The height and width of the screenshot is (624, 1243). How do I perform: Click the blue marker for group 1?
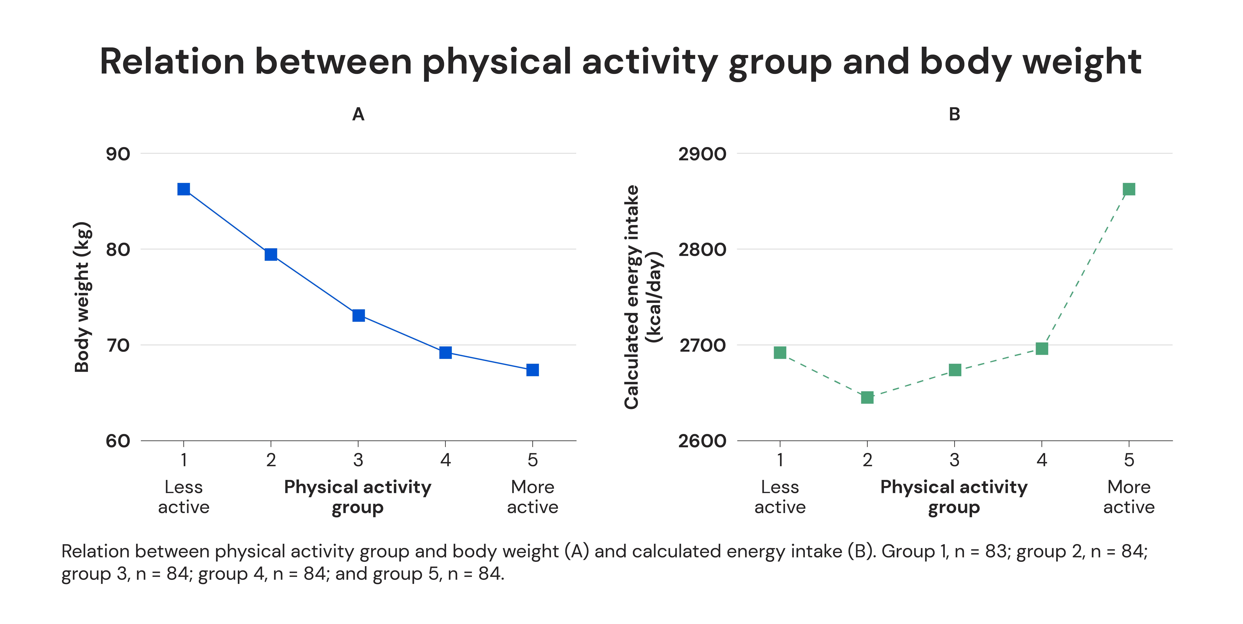click(x=183, y=189)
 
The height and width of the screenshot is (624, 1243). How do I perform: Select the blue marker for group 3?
click(x=358, y=316)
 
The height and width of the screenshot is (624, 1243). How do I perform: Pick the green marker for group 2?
click(x=867, y=398)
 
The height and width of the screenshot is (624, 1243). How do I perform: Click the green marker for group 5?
click(x=1129, y=189)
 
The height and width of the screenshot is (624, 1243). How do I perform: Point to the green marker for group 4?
click(x=1042, y=348)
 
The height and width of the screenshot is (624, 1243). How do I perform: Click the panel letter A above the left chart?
click(x=358, y=114)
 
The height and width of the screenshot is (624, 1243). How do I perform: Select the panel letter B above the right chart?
click(x=954, y=114)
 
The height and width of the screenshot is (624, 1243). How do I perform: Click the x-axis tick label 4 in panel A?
click(x=445, y=460)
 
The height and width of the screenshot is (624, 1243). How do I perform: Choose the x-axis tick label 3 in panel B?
click(x=954, y=460)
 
